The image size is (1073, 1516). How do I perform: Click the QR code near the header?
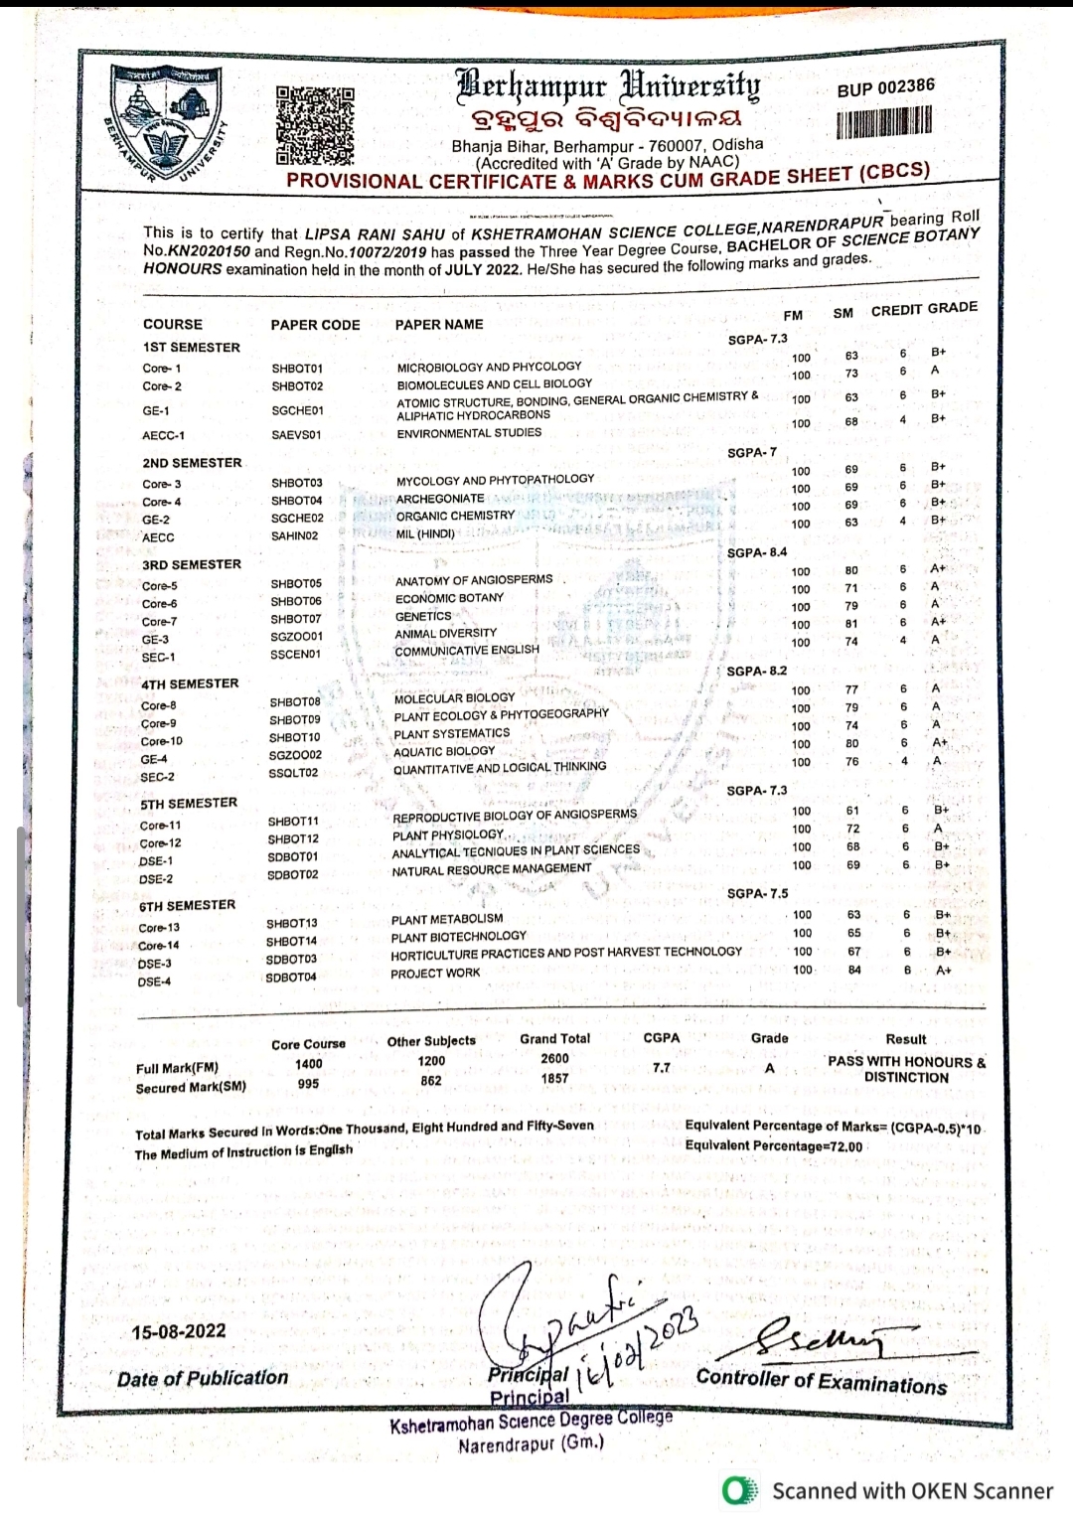pos(314,125)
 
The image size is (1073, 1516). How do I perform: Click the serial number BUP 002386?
pos(885,87)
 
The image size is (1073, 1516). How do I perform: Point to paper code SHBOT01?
pos(297,369)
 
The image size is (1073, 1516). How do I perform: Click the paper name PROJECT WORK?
pos(435,974)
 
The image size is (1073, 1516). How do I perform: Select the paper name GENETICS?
pos(423,616)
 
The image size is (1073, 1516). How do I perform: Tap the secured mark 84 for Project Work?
pos(854,970)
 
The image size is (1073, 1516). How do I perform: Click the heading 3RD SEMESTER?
pos(192,564)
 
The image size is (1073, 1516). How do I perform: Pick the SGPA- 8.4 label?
pos(757,552)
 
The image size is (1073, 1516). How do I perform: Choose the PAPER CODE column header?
pos(315,325)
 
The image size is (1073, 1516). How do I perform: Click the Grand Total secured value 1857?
pos(554,1078)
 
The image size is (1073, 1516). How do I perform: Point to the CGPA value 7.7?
pos(662,1068)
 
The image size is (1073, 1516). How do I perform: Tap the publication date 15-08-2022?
pos(179,1331)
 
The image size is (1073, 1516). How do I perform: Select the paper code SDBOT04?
pos(291,978)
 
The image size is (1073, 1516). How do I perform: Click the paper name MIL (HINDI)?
pos(425,533)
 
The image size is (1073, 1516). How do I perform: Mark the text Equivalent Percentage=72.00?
pos(774,1145)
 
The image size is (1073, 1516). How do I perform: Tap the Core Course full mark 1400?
pos(309,1064)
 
